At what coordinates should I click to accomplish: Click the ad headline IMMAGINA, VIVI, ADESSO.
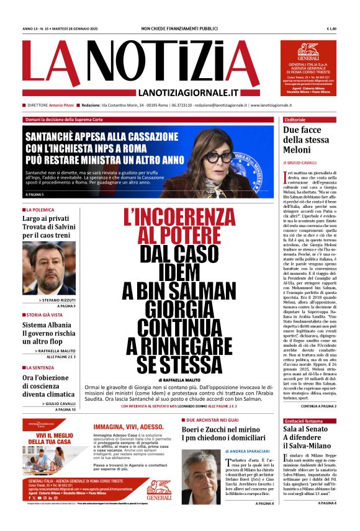(x=128, y=427)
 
